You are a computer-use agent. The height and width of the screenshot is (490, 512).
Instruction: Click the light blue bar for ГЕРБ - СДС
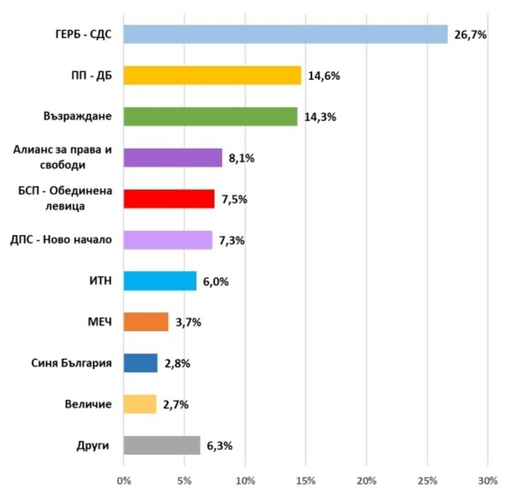point(285,35)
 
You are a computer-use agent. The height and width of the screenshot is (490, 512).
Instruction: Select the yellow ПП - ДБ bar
point(212,76)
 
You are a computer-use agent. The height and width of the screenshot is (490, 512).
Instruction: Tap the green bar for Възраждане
point(210,117)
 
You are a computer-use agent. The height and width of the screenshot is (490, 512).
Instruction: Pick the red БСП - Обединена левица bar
point(169,199)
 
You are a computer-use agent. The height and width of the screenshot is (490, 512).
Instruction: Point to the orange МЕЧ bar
point(146,322)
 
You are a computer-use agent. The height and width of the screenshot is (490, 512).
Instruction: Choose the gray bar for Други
point(162,445)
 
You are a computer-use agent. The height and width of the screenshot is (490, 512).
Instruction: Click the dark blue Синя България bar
point(140,363)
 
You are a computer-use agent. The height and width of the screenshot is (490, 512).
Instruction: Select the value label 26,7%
point(470,35)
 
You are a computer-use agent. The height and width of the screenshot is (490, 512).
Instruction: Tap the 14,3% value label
point(320,117)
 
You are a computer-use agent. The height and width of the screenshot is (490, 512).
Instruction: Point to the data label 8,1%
point(242,158)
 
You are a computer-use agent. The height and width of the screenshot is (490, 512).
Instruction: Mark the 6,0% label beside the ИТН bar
point(215,281)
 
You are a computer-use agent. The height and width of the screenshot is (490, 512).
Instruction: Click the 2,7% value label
point(175,404)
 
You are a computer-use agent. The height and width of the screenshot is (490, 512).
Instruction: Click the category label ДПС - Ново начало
point(61,240)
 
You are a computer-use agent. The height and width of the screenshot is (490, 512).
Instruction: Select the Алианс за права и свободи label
point(62,158)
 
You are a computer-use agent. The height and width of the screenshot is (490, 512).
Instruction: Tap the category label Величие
point(88,404)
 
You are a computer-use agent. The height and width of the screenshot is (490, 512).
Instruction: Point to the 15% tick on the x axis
point(305,481)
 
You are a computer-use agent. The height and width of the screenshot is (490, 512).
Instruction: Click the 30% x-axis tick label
point(487,481)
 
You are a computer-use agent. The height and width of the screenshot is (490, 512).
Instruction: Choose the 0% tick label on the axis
point(123,481)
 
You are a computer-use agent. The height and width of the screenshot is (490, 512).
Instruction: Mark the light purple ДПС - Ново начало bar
point(168,240)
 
